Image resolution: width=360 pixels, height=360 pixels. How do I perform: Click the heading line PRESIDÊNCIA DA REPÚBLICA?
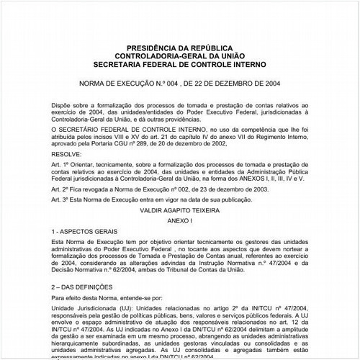click(x=179, y=47)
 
